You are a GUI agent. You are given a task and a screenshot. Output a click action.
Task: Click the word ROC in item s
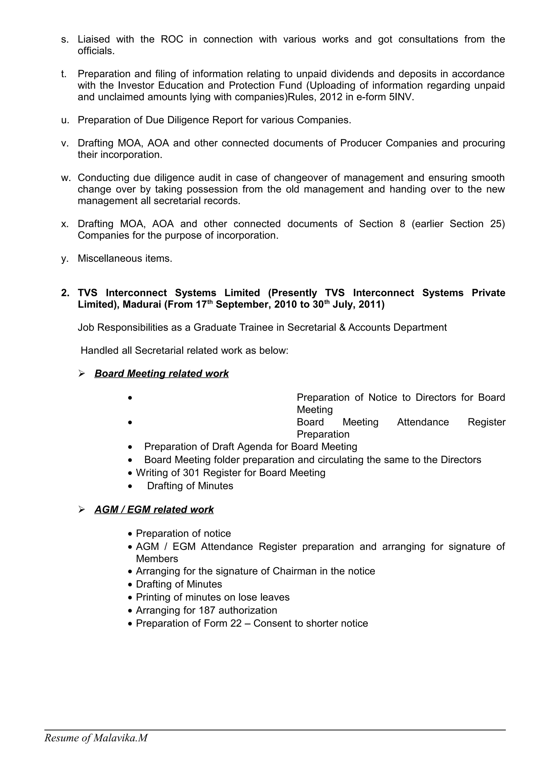[172, 39]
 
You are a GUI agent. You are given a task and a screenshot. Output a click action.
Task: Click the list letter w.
[65, 178]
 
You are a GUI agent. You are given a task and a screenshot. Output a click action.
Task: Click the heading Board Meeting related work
[161, 373]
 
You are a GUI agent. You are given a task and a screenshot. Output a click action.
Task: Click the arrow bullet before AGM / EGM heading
[81, 510]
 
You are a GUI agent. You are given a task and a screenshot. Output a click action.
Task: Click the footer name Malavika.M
[120, 738]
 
